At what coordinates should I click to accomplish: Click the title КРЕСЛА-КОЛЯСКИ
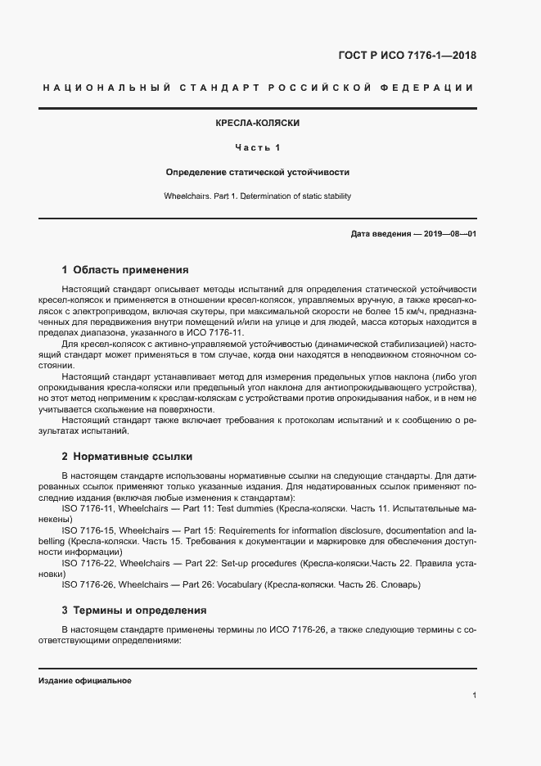257,123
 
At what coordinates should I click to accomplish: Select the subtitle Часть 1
257,148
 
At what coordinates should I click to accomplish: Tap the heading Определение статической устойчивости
257,173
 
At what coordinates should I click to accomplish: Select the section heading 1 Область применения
125,269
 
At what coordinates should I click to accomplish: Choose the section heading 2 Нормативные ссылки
127,456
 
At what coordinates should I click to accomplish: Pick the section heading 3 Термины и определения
134,610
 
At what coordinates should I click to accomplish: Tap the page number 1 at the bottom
475,695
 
